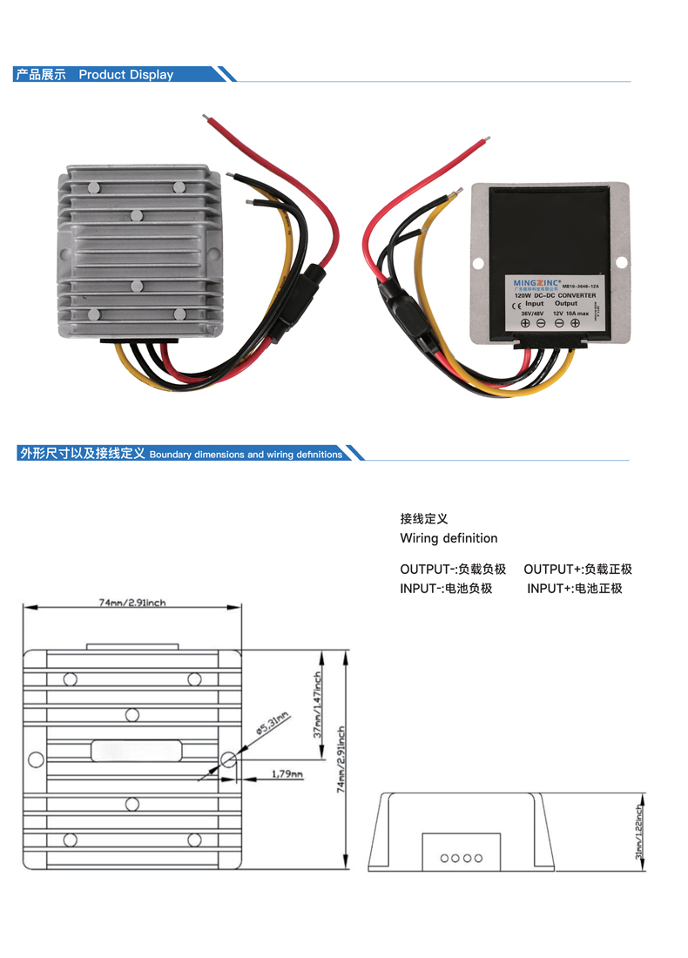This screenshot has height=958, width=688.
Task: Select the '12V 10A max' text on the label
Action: [571, 312]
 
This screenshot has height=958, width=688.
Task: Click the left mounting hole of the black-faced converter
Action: [478, 261]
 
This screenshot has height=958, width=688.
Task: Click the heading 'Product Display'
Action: [126, 75]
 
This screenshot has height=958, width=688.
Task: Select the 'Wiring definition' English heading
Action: [449, 538]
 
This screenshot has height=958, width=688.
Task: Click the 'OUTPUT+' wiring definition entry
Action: [577, 570]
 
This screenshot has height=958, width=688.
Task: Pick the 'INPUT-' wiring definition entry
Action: [447, 589]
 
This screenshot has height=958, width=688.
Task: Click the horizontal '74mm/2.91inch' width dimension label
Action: [132, 602]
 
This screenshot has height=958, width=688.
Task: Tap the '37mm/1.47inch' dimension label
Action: [319, 704]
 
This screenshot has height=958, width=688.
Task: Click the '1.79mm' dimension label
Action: [287, 773]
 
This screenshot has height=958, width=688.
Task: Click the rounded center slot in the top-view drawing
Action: [135, 748]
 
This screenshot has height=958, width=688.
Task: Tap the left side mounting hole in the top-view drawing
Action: [36, 759]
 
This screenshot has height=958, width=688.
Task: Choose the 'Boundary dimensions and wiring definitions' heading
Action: [246, 455]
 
